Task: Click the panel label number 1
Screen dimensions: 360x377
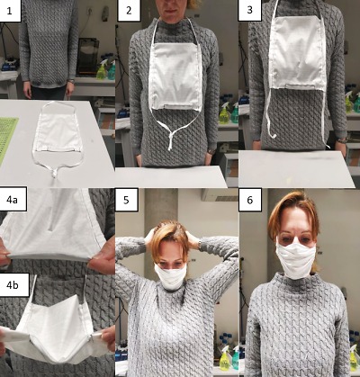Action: pos(10,11)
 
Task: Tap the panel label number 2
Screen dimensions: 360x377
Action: pos(129,10)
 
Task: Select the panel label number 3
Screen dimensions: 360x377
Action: pos(249,10)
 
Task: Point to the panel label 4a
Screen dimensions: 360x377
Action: pos(12,200)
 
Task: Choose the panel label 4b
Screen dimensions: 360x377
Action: pos(13,285)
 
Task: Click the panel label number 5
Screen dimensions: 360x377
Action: pos(126,200)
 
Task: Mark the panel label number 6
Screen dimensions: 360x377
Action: pos(250,200)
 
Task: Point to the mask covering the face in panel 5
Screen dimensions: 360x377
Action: pos(170,276)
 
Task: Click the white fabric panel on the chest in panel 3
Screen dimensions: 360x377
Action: pos(297,53)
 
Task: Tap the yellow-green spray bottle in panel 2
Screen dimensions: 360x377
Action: pos(224,113)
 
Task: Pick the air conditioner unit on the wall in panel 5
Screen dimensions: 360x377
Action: pos(220,195)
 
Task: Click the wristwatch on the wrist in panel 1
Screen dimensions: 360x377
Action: pos(71,81)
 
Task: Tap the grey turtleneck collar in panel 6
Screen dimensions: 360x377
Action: pos(295,282)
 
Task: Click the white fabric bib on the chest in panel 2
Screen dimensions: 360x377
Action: pos(175,76)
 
